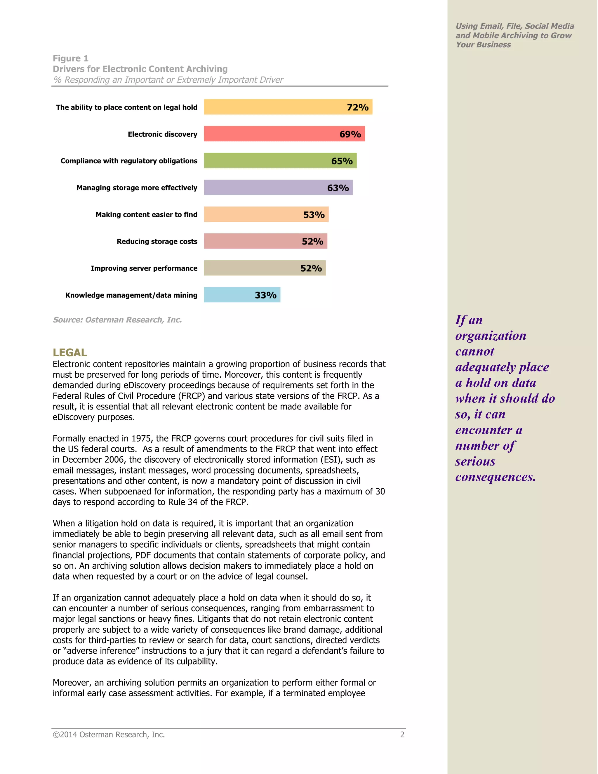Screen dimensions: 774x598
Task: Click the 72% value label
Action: pyautogui.click(x=357, y=107)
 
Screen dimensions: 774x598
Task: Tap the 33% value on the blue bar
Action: pyautogui.click(x=265, y=295)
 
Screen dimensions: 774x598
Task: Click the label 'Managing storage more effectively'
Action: pyautogui.click(x=137, y=188)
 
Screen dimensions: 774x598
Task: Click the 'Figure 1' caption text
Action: pyautogui.click(x=70, y=58)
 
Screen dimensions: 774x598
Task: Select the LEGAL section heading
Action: pyautogui.click(x=70, y=353)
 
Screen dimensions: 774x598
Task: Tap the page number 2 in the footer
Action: pyautogui.click(x=402, y=735)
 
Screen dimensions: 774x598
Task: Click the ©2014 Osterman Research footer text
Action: pyautogui.click(x=109, y=735)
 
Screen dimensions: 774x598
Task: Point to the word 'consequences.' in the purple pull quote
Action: pyautogui.click(x=495, y=477)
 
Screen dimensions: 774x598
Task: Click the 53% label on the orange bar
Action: pyautogui.click(x=314, y=215)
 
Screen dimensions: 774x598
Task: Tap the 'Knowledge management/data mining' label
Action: pyautogui.click(x=131, y=295)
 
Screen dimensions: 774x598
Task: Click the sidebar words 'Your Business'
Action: pyautogui.click(x=483, y=45)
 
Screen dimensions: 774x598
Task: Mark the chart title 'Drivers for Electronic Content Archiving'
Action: pyautogui.click(x=140, y=69)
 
